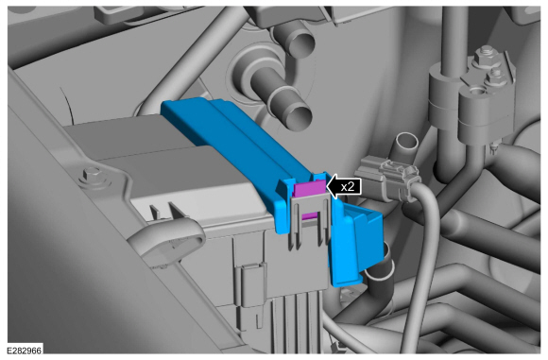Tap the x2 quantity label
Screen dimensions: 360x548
[x=346, y=186]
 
